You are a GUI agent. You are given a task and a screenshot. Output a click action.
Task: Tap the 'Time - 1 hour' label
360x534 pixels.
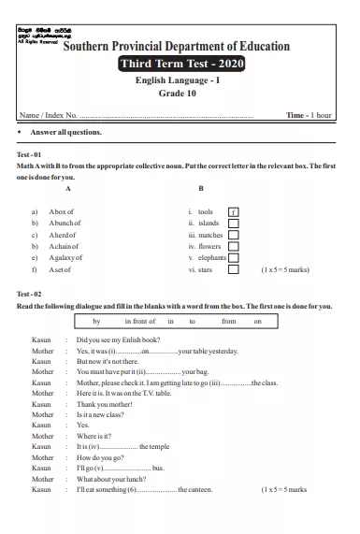pos(309,115)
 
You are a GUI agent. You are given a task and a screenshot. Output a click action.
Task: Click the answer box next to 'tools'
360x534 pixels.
pos(234,212)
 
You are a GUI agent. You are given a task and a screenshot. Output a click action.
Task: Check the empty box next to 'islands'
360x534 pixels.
pos(234,224)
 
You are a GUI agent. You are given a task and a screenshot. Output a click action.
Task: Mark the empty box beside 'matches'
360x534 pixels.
pos(234,235)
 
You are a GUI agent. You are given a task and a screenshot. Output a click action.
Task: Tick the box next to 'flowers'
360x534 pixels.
pos(234,246)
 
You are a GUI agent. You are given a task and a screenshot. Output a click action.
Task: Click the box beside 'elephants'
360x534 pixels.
pos(234,257)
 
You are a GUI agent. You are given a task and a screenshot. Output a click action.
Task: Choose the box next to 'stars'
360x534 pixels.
pos(234,269)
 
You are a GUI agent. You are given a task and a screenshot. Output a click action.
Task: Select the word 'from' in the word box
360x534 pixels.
pos(229,321)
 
